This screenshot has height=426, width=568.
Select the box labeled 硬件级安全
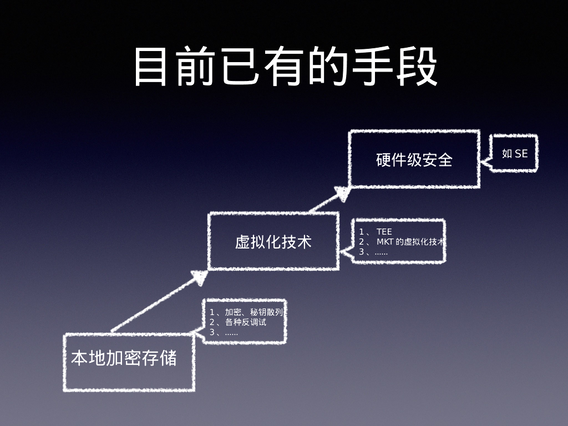pyautogui.click(x=414, y=160)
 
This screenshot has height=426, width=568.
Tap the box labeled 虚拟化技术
pyautogui.click(x=273, y=242)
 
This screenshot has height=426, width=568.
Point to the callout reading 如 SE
pyautogui.click(x=514, y=154)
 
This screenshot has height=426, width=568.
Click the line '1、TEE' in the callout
pyautogui.click(x=376, y=232)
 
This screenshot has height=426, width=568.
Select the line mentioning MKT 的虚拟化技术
pyautogui.click(x=403, y=242)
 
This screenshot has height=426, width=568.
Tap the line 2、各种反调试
pyautogui.click(x=237, y=322)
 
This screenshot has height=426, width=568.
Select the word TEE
pyautogui.click(x=384, y=232)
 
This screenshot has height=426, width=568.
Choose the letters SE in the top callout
pyautogui.click(x=521, y=154)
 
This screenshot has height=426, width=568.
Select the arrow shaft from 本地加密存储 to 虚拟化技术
pyautogui.click(x=150, y=306)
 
